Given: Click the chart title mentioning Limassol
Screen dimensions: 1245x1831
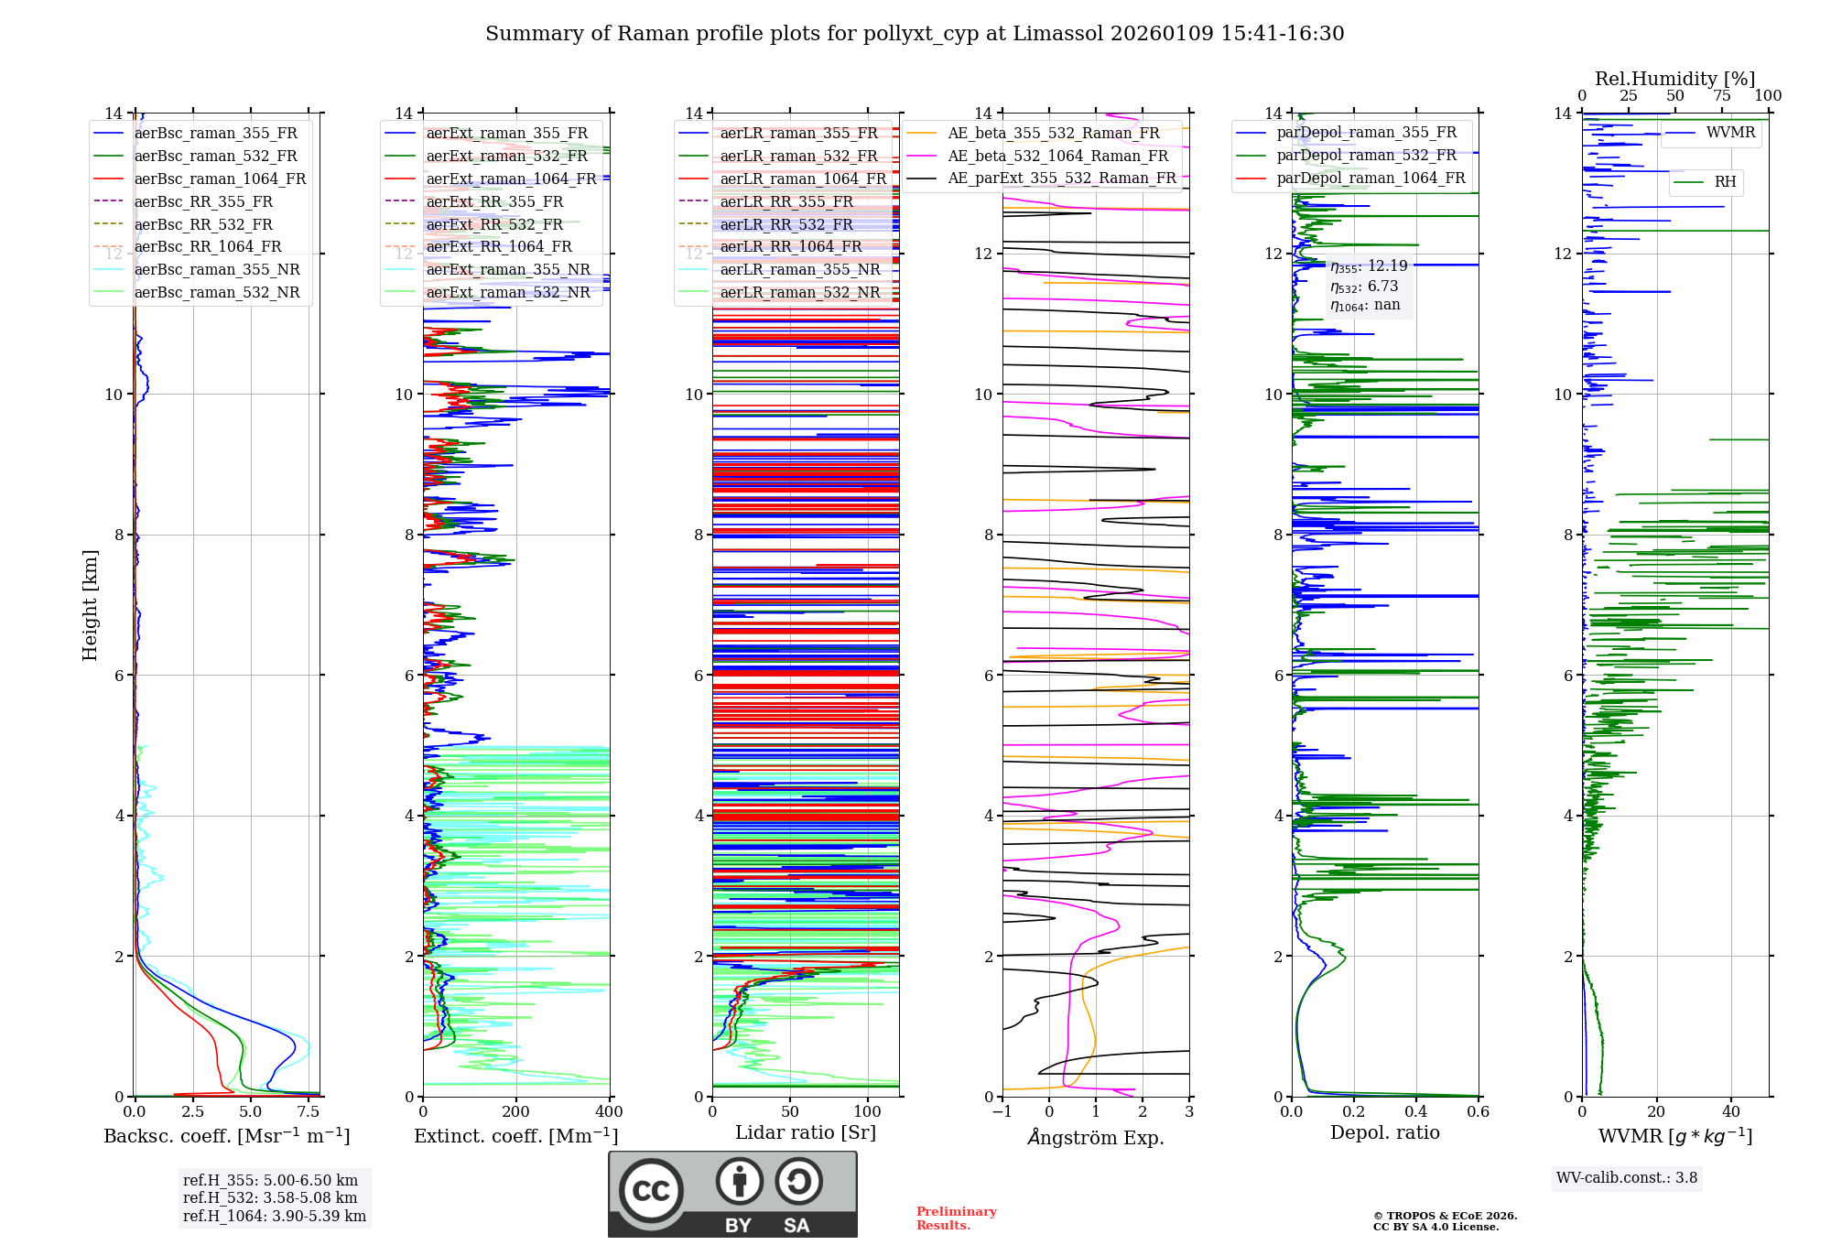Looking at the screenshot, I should point(915,34).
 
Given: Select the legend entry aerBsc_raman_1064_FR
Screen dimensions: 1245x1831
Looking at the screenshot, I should point(220,179).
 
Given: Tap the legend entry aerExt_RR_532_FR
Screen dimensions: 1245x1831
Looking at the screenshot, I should point(494,224).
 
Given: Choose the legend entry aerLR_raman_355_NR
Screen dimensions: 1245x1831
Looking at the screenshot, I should point(799,269).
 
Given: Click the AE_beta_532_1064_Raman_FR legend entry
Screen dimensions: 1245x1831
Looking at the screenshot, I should point(1057,156).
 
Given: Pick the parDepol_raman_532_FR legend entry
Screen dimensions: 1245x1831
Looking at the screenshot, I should point(1366,155).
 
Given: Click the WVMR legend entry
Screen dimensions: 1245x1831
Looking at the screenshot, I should point(1730,133).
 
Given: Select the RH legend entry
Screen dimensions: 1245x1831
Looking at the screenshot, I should point(1725,182).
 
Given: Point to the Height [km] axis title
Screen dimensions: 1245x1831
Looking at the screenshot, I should point(90,605).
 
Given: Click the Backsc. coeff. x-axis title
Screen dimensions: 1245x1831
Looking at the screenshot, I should point(227,1136).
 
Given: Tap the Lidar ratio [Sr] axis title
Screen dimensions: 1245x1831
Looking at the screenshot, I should point(806,1132).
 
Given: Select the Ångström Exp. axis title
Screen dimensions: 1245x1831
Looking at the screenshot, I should point(1096,1138).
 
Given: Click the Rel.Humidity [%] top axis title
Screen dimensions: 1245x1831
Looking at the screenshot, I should point(1674,79).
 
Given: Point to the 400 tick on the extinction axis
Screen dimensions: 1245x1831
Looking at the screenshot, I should point(609,1112).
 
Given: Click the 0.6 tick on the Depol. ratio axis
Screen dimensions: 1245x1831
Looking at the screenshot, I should point(1478,1112).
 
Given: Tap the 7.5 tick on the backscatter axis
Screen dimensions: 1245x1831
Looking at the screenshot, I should point(309,1112).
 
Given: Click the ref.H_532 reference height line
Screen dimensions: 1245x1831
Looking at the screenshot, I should point(270,1198).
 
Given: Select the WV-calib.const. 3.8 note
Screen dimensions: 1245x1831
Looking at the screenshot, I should point(1627,1178).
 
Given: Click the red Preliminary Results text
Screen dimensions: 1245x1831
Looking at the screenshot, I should point(956,1218).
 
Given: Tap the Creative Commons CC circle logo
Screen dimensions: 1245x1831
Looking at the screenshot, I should point(651,1191).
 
